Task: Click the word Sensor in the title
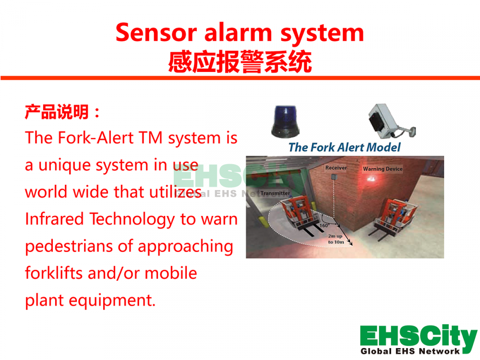(156, 33)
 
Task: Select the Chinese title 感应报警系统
(240, 62)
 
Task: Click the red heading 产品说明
(57, 112)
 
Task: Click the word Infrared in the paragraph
(55, 219)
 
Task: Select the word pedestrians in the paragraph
(69, 246)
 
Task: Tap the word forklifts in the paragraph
(54, 273)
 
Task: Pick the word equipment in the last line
(112, 300)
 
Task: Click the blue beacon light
(285, 121)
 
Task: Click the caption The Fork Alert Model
(344, 147)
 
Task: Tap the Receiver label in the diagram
(336, 168)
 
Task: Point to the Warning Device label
(383, 168)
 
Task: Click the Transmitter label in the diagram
(275, 193)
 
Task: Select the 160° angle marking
(324, 225)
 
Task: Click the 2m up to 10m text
(336, 239)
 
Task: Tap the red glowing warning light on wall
(371, 179)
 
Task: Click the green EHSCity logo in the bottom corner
(419, 339)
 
